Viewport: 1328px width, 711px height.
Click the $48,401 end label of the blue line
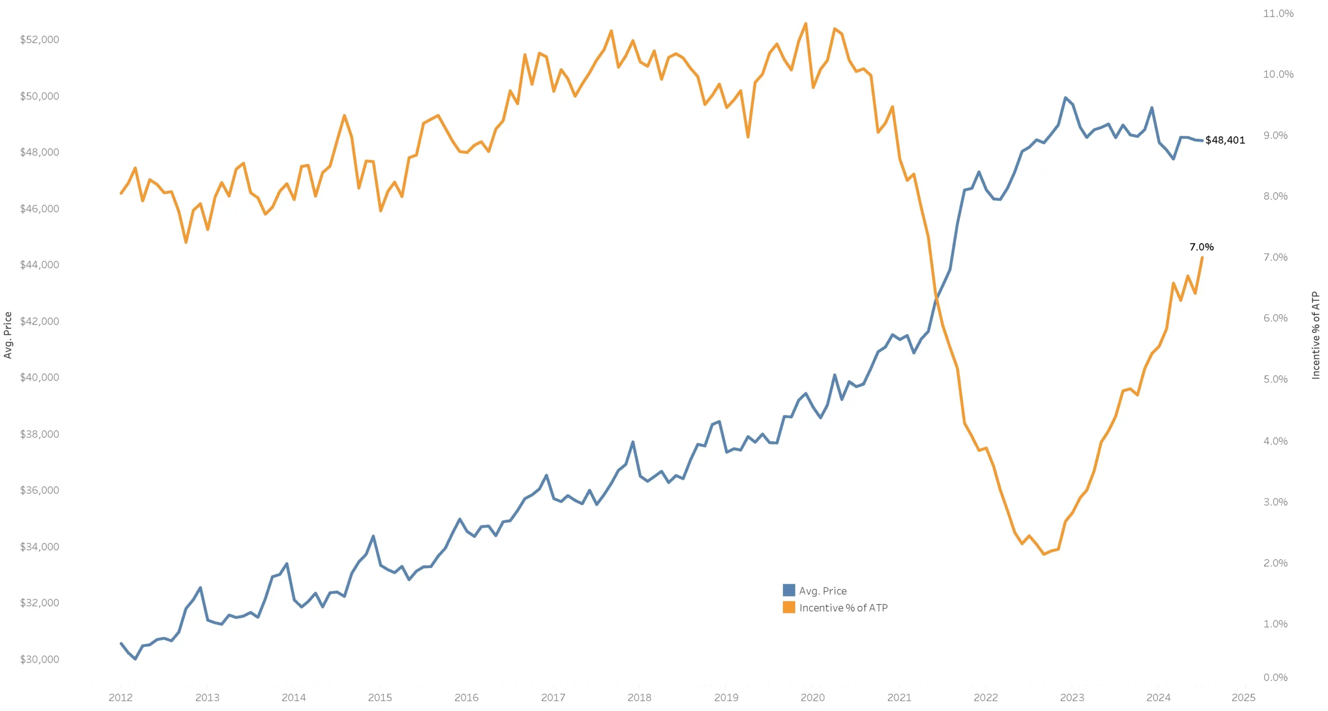click(x=1225, y=140)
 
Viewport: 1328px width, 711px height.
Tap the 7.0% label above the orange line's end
click(x=1201, y=247)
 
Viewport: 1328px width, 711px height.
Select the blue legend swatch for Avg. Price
click(x=789, y=590)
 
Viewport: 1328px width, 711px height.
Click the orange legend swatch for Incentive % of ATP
click(x=789, y=607)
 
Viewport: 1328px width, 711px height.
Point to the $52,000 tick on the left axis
click(x=39, y=39)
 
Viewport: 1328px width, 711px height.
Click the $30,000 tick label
click(x=39, y=659)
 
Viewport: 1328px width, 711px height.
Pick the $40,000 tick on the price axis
click(x=39, y=377)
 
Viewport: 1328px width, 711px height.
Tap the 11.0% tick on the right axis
click(x=1278, y=13)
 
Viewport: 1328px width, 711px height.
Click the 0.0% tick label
click(x=1276, y=677)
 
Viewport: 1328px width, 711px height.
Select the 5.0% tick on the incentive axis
click(x=1276, y=379)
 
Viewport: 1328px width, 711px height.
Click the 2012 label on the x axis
click(x=120, y=698)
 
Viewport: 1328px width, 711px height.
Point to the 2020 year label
click(x=812, y=698)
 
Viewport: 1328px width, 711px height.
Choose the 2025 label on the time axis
click(x=1243, y=698)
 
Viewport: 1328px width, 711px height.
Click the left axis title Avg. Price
click(x=8, y=335)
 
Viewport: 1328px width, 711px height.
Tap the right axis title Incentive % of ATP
click(x=1316, y=335)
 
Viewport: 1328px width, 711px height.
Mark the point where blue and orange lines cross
click(x=936, y=297)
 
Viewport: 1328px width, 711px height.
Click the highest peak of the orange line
click(x=806, y=23)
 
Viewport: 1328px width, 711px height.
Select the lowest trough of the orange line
click(x=1044, y=554)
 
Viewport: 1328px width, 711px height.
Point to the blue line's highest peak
click(x=1066, y=97)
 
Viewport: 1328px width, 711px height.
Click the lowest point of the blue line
click(x=135, y=659)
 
